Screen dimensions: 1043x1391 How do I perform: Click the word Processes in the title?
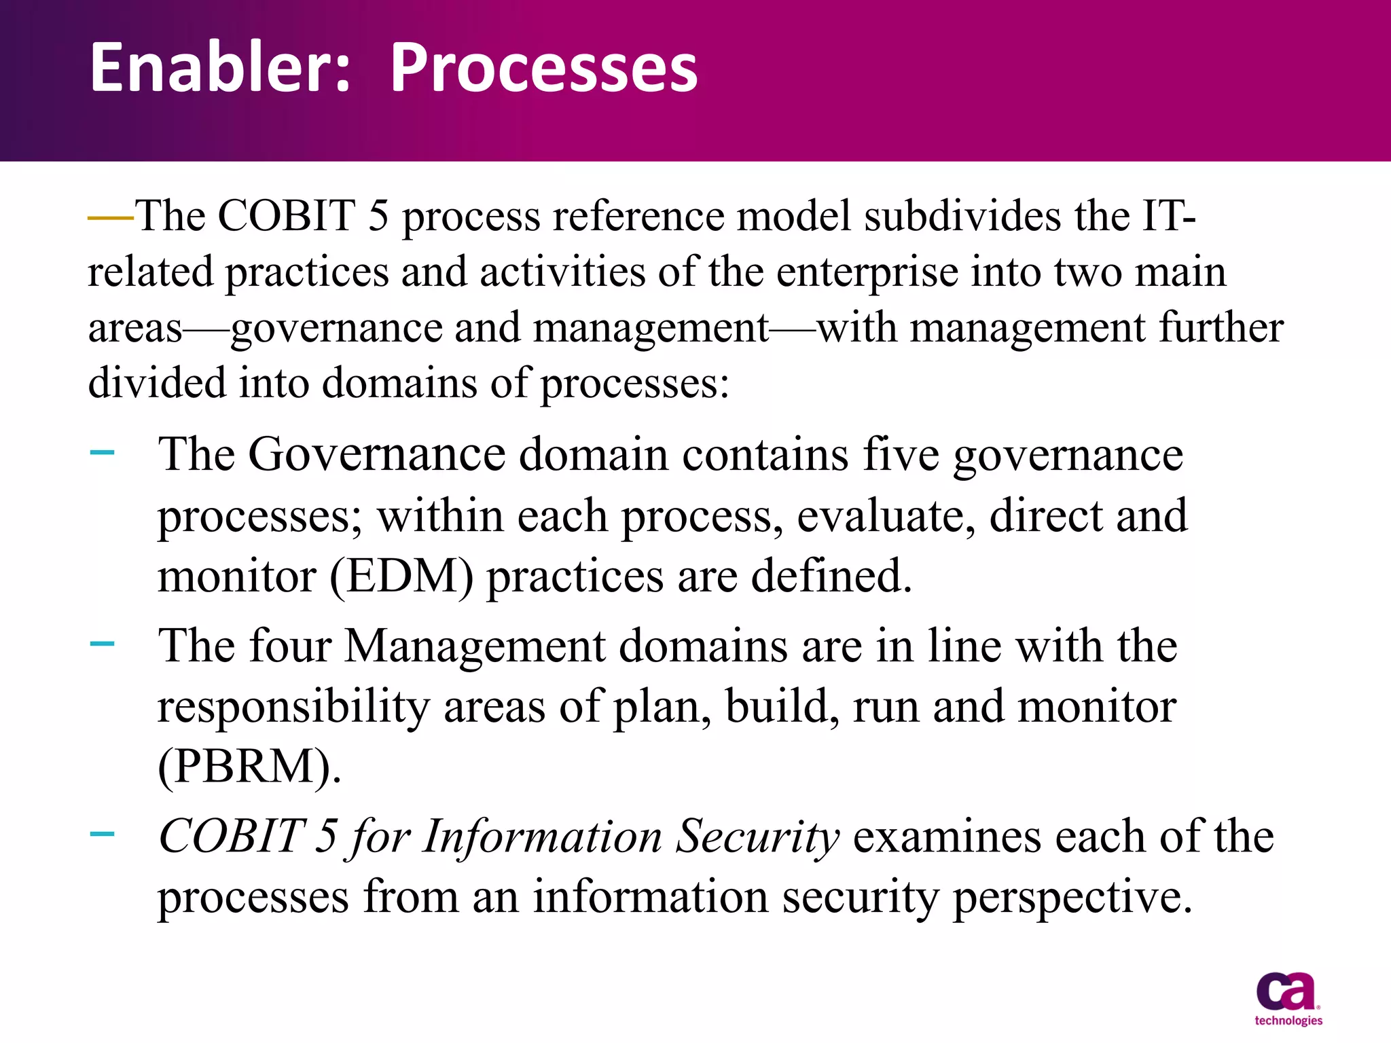(544, 68)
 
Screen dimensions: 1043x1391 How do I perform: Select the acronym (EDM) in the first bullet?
(401, 577)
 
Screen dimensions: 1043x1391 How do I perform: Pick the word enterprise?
(866, 272)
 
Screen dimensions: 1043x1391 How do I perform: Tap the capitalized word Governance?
(377, 454)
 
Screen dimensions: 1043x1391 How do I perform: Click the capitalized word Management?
(475, 646)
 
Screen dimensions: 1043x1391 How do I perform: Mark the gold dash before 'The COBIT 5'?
(111, 218)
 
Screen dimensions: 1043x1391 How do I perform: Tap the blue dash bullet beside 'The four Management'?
(102, 642)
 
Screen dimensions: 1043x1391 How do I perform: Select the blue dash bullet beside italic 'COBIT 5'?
(102, 832)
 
